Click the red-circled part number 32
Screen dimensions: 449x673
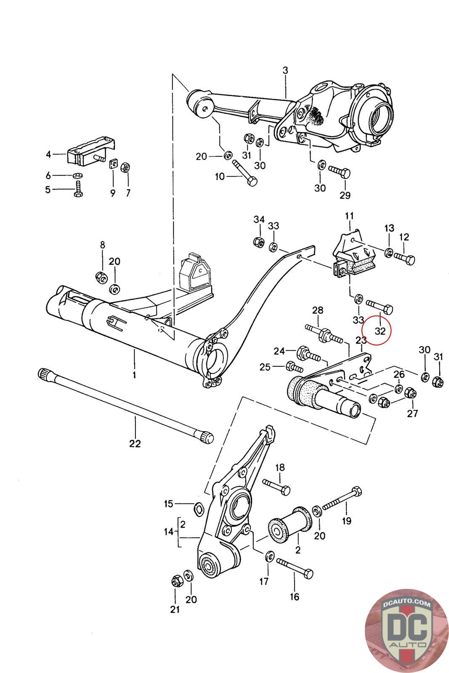[x=380, y=331]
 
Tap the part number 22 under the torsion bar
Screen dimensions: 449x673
[x=135, y=443]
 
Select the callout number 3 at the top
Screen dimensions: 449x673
[x=285, y=70]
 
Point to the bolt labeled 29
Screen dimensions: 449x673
[x=340, y=173]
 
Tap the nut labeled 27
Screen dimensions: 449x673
[x=409, y=393]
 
